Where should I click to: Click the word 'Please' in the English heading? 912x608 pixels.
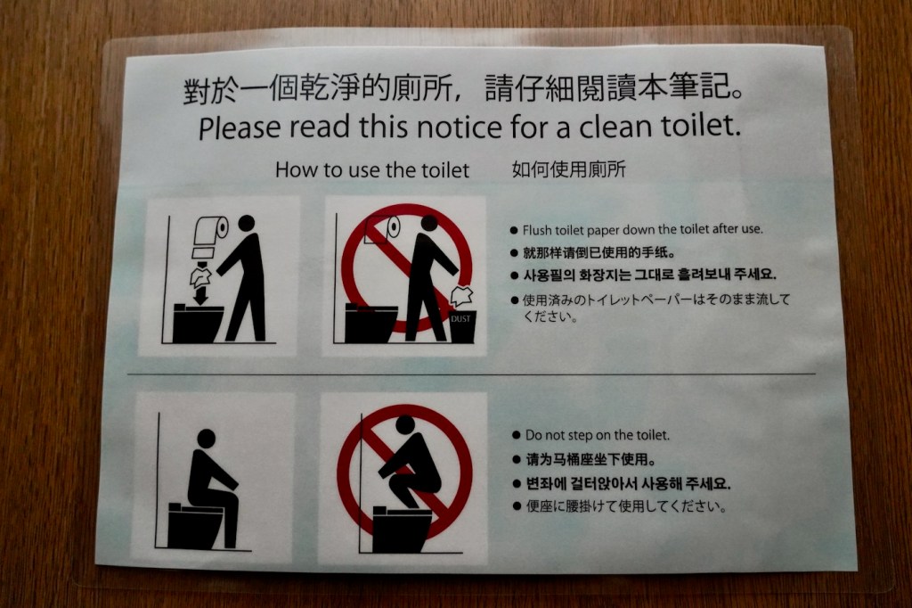pyautogui.click(x=240, y=127)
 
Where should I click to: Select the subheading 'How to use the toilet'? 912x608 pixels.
pyautogui.click(x=372, y=170)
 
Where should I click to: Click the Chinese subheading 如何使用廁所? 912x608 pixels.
pyautogui.click(x=569, y=169)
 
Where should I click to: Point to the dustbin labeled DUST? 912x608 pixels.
pyautogui.click(x=463, y=326)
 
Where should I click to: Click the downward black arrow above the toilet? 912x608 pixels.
pyautogui.click(x=201, y=295)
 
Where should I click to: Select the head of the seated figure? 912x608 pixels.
pyautogui.click(x=206, y=438)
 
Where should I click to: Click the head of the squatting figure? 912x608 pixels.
pyautogui.click(x=406, y=424)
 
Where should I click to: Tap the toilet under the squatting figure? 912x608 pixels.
pyautogui.click(x=402, y=530)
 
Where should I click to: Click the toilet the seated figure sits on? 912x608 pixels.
pyautogui.click(x=195, y=526)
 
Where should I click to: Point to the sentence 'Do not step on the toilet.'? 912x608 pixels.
pyautogui.click(x=598, y=435)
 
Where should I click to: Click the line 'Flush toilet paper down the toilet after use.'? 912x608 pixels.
pyautogui.click(x=642, y=229)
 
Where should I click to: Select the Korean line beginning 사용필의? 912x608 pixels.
pyautogui.click(x=649, y=275)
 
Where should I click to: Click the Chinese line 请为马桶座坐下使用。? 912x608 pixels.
pyautogui.click(x=591, y=459)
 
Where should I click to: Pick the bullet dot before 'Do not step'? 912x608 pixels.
pyautogui.click(x=517, y=435)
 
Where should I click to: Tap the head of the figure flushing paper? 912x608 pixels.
pyautogui.click(x=246, y=223)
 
